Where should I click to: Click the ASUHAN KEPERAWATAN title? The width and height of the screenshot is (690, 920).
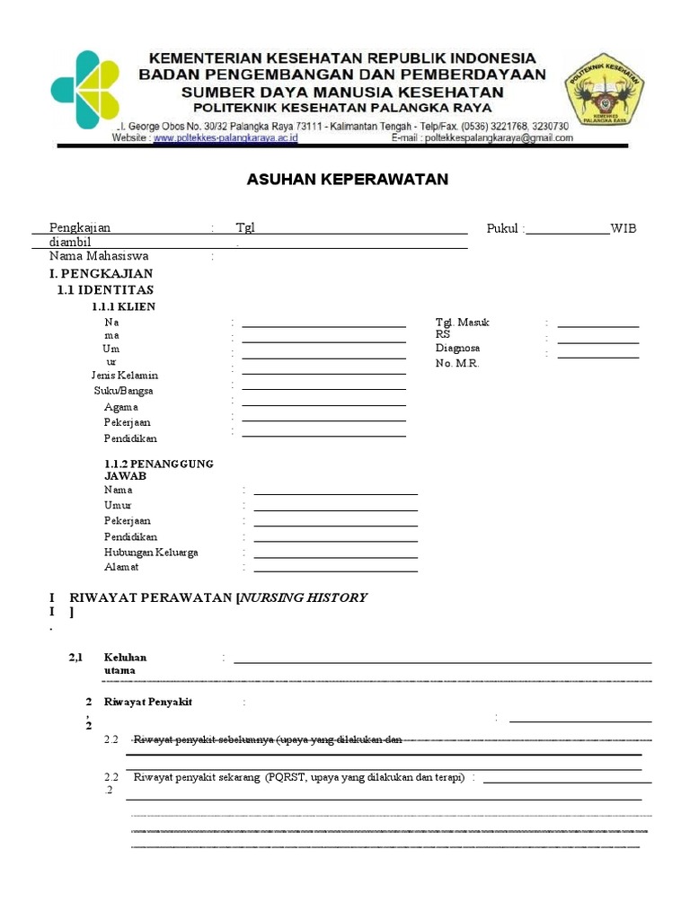pos(347,180)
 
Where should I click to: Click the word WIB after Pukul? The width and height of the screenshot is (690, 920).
pos(623,228)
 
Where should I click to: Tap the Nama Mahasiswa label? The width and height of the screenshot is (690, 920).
pos(99,256)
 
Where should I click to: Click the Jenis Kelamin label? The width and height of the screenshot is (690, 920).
pos(124,375)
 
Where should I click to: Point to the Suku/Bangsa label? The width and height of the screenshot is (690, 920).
pos(123,391)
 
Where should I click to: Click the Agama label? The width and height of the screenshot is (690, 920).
pos(120,407)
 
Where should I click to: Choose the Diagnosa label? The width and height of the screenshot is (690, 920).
pos(457,348)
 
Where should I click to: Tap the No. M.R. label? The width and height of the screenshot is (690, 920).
pos(457,363)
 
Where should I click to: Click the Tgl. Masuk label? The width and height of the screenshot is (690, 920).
pos(462,322)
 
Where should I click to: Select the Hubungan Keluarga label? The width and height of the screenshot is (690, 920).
pos(151,552)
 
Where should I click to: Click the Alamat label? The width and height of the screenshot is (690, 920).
pos(121,567)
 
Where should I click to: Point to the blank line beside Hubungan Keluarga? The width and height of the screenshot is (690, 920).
pos(335,556)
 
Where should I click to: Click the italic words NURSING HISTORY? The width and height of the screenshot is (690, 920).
pos(303,597)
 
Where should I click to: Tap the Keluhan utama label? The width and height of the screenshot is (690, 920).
pos(125,664)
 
